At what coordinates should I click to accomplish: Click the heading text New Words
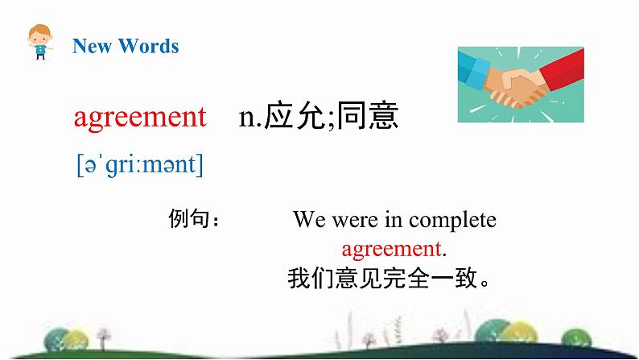point(126,46)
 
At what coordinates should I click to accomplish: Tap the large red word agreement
point(139,118)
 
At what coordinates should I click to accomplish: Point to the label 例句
point(190,219)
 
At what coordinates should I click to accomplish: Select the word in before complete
point(395,219)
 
